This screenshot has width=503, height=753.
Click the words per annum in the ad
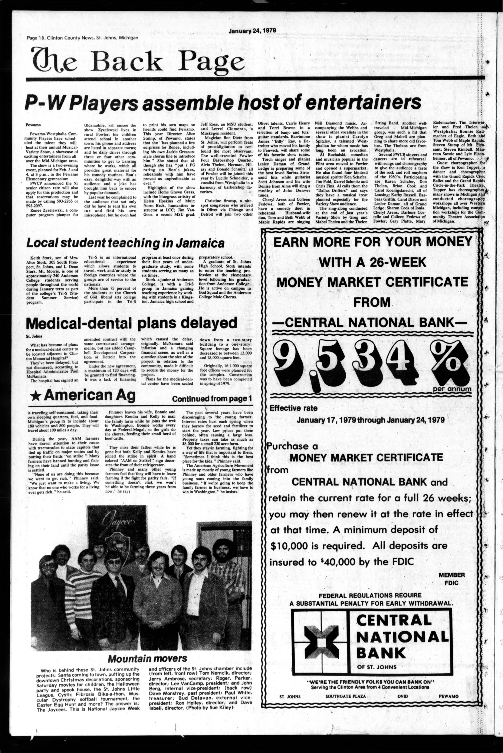pos(452,389)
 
